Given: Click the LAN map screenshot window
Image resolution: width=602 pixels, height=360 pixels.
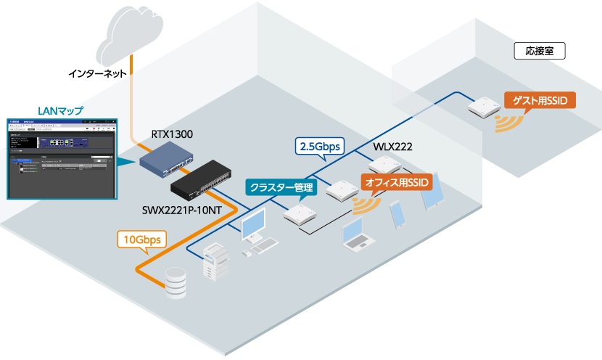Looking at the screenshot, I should [x=61, y=157].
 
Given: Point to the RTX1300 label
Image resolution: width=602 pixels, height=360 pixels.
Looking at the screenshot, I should [x=172, y=134].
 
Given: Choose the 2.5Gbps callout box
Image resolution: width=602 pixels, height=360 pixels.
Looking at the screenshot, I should [x=319, y=145].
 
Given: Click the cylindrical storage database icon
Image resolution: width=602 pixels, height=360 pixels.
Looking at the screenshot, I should [x=177, y=282].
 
